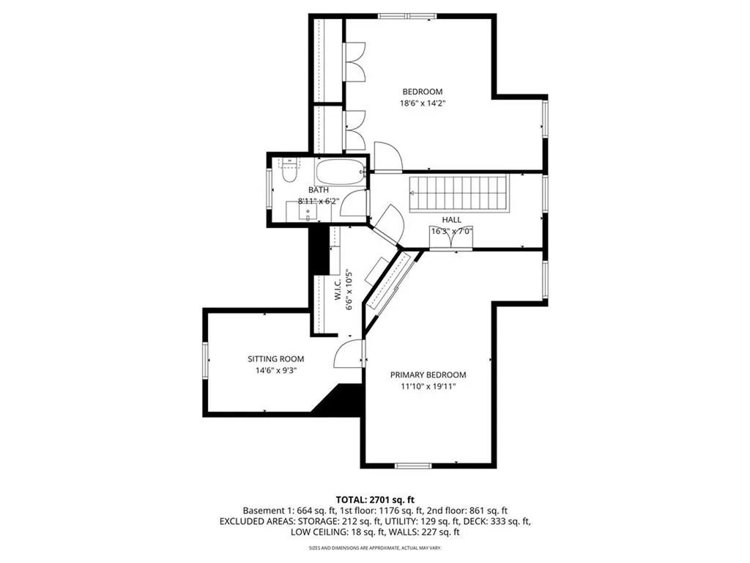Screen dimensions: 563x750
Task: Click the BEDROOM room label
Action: pyautogui.click(x=422, y=92)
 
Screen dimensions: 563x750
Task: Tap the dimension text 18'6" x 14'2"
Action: pyautogui.click(x=423, y=103)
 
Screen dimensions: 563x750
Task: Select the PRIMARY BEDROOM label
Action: pyautogui.click(x=428, y=375)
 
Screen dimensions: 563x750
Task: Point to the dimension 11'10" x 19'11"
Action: pyautogui.click(x=428, y=386)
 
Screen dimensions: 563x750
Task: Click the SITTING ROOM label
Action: pyautogui.click(x=275, y=359)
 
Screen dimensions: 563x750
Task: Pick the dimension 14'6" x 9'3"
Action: pyautogui.click(x=275, y=370)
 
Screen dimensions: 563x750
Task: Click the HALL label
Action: pyautogui.click(x=451, y=219)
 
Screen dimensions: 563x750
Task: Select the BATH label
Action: pyautogui.click(x=308, y=190)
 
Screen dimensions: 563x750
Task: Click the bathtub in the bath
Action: pyautogui.click(x=340, y=172)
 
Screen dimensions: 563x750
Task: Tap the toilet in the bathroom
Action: pyautogui.click(x=289, y=173)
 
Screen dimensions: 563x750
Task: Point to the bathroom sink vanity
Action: pyautogui.click(x=308, y=211)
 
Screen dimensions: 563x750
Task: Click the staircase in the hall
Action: pyautogui.click(x=458, y=193)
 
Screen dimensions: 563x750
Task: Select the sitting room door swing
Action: pyautogui.click(x=348, y=355)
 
